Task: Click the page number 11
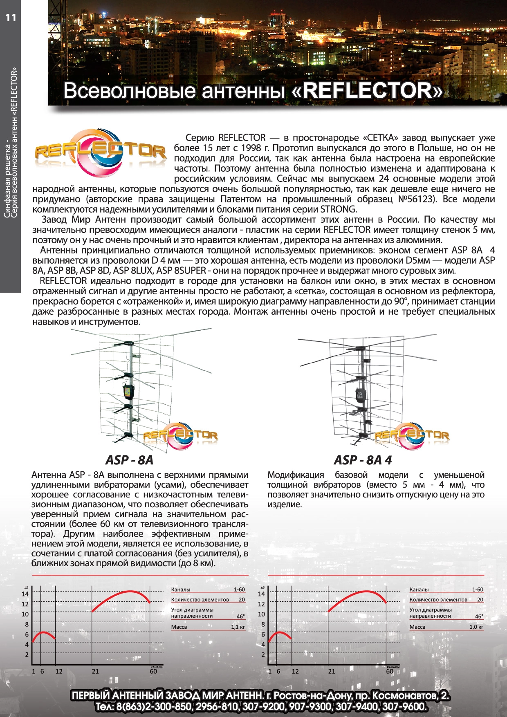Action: (11, 18)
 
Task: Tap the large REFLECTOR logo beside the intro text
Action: (100, 152)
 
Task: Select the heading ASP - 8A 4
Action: (363, 460)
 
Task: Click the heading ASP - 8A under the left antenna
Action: (129, 460)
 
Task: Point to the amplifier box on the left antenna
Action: (129, 392)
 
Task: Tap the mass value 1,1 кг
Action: (238, 627)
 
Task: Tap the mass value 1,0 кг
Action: (476, 627)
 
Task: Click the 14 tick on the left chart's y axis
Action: (25, 594)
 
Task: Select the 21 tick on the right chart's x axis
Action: (331, 671)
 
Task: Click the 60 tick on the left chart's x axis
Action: (153, 671)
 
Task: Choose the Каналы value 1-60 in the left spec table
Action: (239, 589)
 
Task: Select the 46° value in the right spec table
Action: (479, 616)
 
